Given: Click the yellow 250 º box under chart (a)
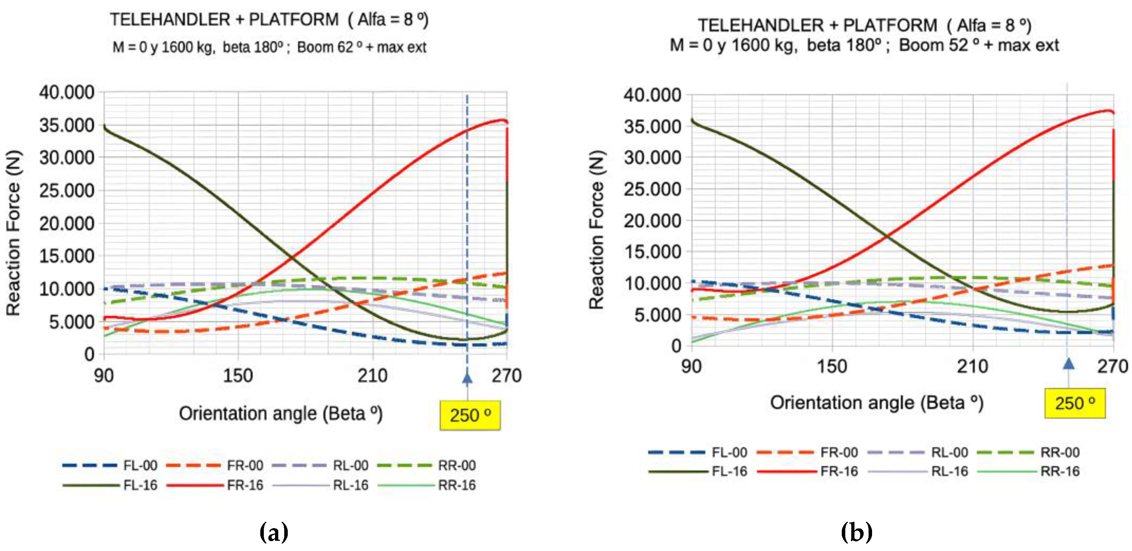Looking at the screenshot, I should click(x=470, y=415).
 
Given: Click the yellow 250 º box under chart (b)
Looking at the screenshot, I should click(x=1075, y=403).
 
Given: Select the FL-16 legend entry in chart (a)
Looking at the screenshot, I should click(x=140, y=485).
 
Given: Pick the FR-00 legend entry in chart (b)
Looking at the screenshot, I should click(x=839, y=452).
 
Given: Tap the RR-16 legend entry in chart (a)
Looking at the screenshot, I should click(x=456, y=485).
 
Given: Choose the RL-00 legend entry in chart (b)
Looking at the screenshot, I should click(x=949, y=452).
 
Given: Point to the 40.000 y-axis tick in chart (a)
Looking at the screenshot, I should click(x=67, y=92).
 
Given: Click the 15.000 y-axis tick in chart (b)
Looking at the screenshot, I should click(x=652, y=252).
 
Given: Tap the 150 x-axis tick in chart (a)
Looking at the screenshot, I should click(x=238, y=376).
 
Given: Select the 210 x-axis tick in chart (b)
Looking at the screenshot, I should click(x=972, y=367).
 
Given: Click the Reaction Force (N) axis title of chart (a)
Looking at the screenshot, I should click(x=13, y=233).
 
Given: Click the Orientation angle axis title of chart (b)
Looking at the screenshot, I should click(x=876, y=402).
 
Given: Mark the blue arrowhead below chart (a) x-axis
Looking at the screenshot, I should click(x=467, y=377).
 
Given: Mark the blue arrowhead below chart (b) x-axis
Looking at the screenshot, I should click(x=1068, y=364).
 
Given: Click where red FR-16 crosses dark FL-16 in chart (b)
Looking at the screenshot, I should click(x=887, y=236).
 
